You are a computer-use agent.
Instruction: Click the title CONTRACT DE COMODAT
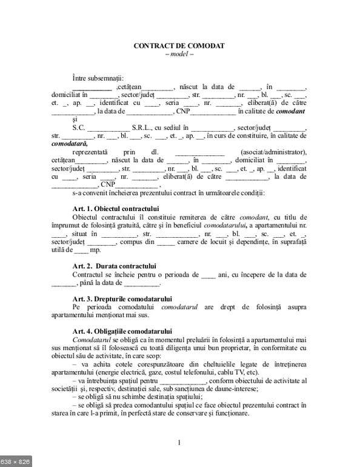click(179, 45)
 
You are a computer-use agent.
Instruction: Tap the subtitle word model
click(179, 53)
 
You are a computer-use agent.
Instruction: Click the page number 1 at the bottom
click(179, 442)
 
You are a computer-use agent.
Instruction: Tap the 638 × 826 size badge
click(16, 461)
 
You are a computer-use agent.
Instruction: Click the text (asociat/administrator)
click(274, 152)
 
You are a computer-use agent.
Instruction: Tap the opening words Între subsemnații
click(97, 78)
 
